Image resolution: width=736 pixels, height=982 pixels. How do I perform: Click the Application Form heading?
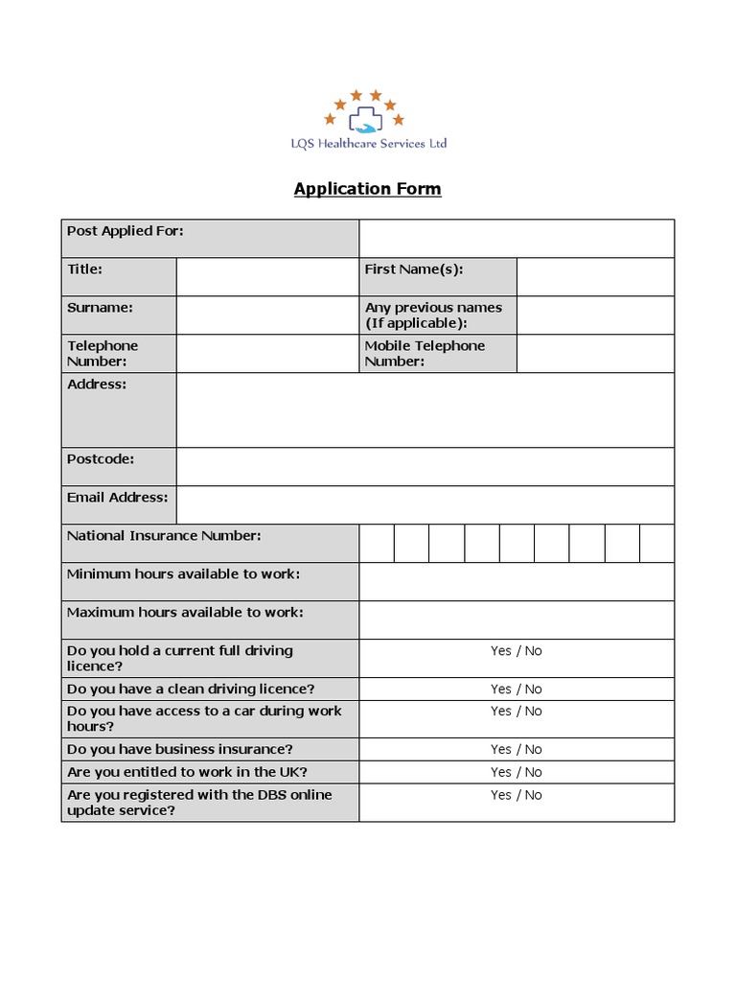(367, 189)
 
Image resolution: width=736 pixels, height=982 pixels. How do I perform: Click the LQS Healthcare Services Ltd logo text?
(369, 144)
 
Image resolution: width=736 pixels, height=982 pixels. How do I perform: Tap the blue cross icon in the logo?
(365, 119)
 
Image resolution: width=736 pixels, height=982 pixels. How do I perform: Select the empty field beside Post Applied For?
(517, 239)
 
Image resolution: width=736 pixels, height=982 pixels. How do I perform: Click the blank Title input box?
(266, 277)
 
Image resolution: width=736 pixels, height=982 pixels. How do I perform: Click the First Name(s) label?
(414, 269)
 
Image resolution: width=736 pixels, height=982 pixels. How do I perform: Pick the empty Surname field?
(266, 316)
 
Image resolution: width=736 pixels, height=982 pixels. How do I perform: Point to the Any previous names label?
(433, 315)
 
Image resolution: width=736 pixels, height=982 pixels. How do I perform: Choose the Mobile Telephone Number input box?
(595, 354)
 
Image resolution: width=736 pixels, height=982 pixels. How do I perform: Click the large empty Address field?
(425, 410)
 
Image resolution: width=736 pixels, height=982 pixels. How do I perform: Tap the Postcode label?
(101, 459)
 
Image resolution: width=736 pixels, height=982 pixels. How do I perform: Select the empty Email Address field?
(425, 505)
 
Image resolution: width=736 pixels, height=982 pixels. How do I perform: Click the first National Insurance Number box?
(377, 544)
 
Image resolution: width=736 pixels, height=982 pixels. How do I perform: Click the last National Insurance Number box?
(656, 544)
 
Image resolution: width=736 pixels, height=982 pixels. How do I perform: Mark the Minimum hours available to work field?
(517, 582)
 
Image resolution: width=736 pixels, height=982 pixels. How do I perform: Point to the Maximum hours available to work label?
(185, 613)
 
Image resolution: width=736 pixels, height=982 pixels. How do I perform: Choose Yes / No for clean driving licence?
(517, 690)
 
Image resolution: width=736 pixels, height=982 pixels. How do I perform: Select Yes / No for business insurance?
(517, 750)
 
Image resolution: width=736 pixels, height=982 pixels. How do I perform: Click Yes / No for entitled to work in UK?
(517, 772)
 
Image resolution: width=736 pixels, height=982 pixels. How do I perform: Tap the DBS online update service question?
(198, 803)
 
